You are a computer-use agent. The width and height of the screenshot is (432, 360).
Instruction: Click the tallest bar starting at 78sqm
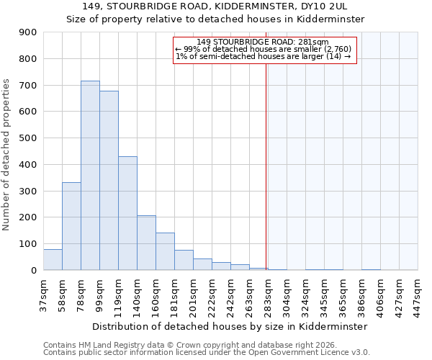click(x=90, y=176)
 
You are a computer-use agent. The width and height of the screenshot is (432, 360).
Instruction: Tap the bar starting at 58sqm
click(x=71, y=226)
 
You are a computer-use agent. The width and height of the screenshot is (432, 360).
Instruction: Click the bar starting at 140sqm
click(x=146, y=243)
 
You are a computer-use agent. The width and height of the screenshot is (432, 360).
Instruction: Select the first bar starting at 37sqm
click(x=53, y=259)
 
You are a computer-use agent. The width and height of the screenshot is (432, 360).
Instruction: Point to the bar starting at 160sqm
click(x=165, y=251)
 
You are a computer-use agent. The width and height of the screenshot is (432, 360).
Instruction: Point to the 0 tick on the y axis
click(x=33, y=270)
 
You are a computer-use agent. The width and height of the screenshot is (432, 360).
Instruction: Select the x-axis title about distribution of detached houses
click(x=230, y=326)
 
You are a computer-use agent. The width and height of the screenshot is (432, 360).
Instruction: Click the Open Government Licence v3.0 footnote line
click(x=207, y=353)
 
